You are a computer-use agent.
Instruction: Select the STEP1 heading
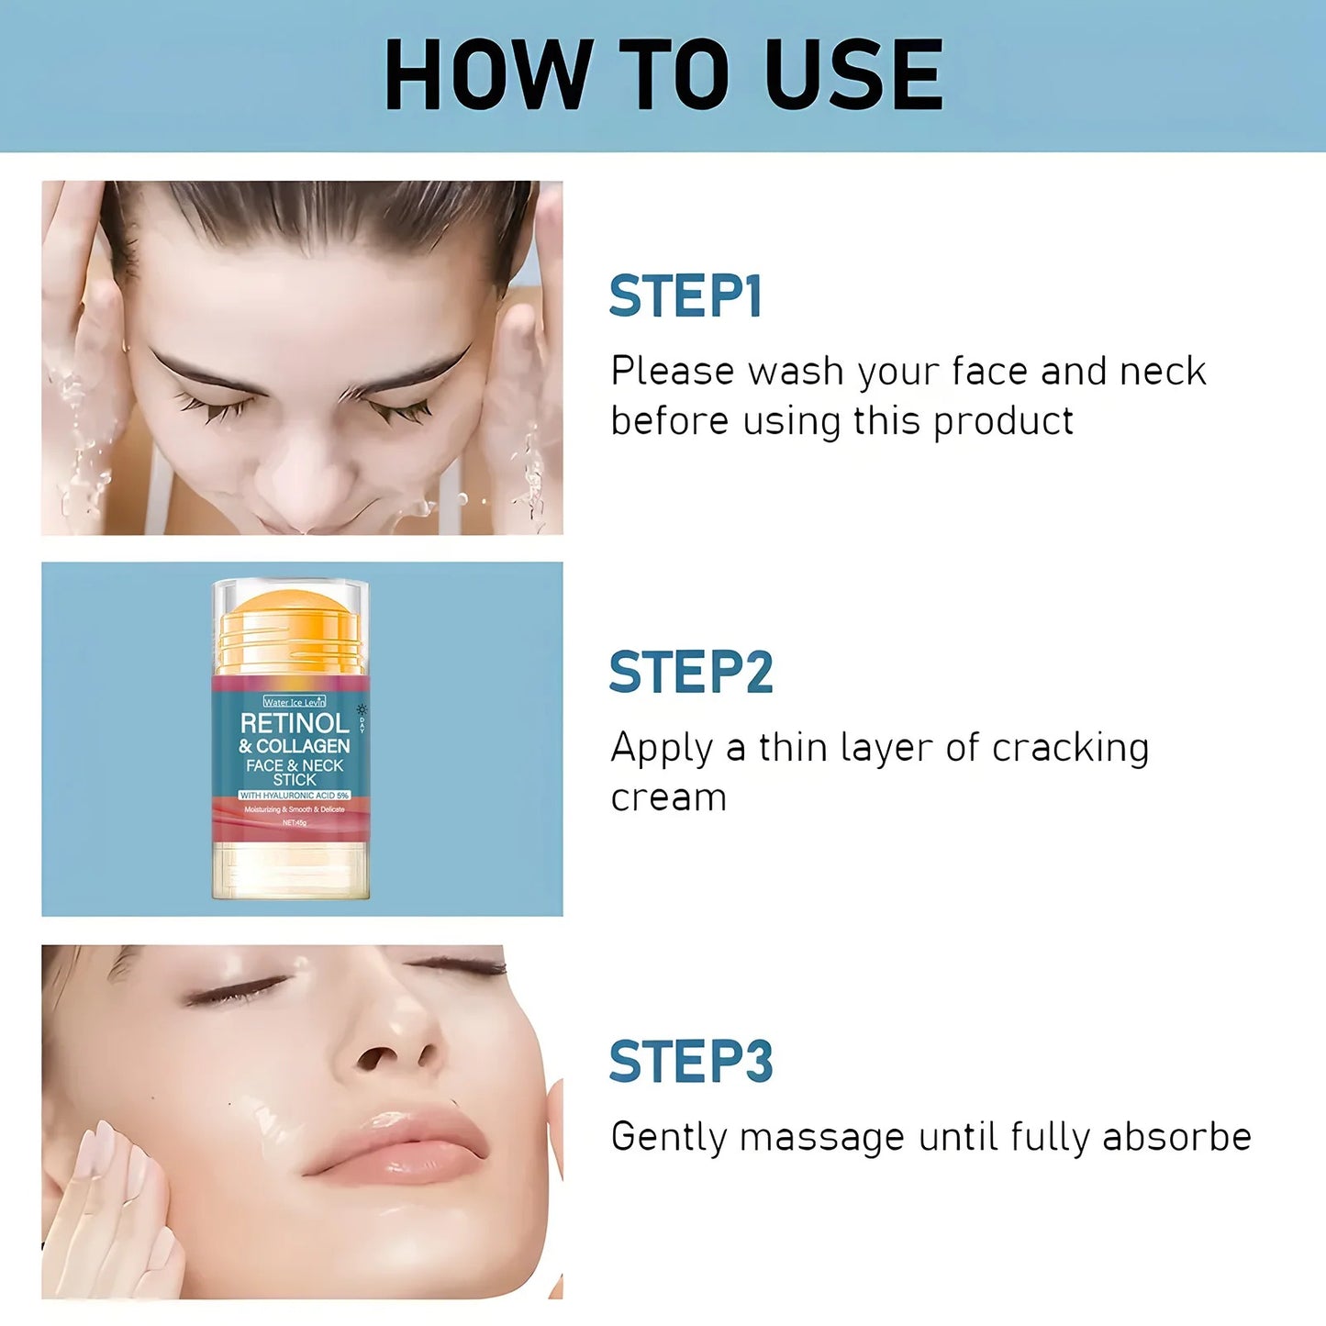pos(685,296)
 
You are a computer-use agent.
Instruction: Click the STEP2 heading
pos(691,672)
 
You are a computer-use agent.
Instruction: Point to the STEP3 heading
pos(691,1062)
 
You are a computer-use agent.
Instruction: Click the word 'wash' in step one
pos(795,372)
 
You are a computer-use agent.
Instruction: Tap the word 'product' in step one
pos(1003,422)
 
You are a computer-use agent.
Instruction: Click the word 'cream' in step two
pos(668,797)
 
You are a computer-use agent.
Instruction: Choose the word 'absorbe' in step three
pos(1176,1137)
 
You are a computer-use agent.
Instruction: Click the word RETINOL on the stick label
pos(295,723)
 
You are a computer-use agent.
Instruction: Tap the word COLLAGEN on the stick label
pos(302,746)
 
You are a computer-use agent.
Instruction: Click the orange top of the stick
pos(290,610)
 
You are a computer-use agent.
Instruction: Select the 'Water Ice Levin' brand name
pos(294,702)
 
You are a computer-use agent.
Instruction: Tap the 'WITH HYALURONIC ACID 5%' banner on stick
pos(295,795)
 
